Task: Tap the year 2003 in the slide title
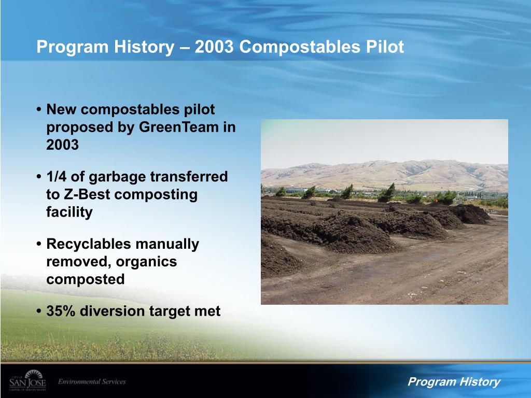pyautogui.click(x=216, y=47)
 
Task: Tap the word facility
pyautogui.click(x=69, y=212)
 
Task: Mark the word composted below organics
pyautogui.click(x=86, y=279)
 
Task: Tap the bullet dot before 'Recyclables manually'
pyautogui.click(x=39, y=245)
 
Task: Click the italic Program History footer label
pyautogui.click(x=454, y=382)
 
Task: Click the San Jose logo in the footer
pyautogui.click(x=27, y=381)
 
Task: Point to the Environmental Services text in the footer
pyautogui.click(x=92, y=382)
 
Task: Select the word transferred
pyautogui.click(x=189, y=177)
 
